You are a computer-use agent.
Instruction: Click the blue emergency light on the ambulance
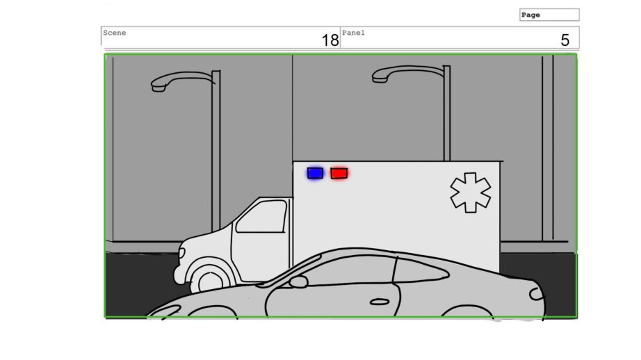pyautogui.click(x=315, y=173)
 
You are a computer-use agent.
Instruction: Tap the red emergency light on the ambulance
pyautogui.click(x=339, y=173)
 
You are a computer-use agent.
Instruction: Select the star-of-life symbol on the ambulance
pyautogui.click(x=471, y=193)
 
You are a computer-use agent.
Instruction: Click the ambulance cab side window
pyautogui.click(x=261, y=217)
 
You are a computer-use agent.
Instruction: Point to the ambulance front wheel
pyautogui.click(x=211, y=279)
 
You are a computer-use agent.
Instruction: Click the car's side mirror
pyautogui.click(x=298, y=281)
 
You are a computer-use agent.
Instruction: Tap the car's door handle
pyautogui.click(x=380, y=302)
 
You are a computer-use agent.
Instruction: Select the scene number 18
pyautogui.click(x=330, y=40)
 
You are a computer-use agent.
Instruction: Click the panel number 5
pyautogui.click(x=565, y=40)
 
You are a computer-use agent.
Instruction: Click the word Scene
pyautogui.click(x=115, y=33)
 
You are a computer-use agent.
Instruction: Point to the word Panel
pyautogui.click(x=353, y=33)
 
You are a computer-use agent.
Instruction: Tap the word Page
pyautogui.click(x=530, y=15)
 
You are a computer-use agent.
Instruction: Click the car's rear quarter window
pyautogui.click(x=421, y=271)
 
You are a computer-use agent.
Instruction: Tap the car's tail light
pyautogui.click(x=536, y=294)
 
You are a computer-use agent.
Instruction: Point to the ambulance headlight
pyautogui.click(x=181, y=253)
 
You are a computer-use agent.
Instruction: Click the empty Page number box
pyautogui.click(x=549, y=15)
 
